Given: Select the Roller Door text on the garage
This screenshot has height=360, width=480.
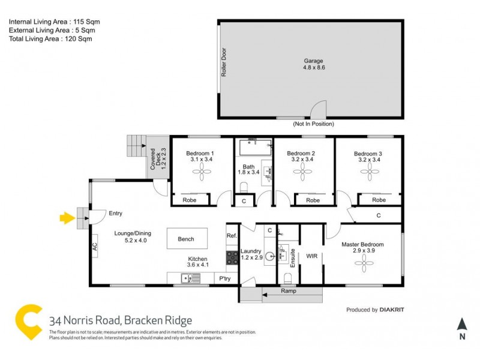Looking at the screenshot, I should tap(224, 62).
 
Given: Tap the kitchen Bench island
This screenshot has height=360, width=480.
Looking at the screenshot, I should tap(186, 239).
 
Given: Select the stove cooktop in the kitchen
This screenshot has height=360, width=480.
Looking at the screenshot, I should tap(232, 258).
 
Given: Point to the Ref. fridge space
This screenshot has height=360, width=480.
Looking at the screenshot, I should tap(232, 236).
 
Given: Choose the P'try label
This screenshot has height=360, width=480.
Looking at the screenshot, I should tap(225, 279).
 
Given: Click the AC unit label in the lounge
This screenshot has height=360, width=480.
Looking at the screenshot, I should tap(95, 246).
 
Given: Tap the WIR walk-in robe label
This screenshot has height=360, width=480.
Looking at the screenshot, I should tap(311, 256).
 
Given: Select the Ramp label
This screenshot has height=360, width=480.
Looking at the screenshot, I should tap(289, 291).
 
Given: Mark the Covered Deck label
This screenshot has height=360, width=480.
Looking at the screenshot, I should tap(157, 159).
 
